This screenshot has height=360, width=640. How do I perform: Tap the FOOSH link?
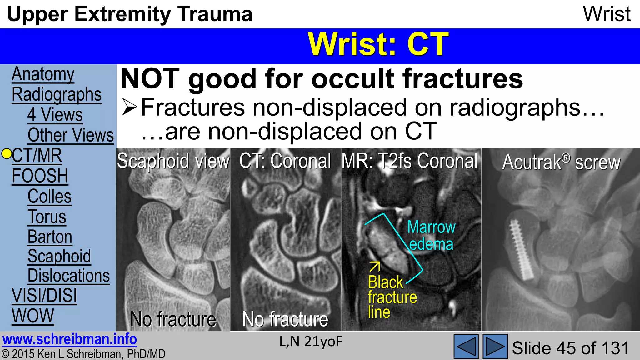[40, 176]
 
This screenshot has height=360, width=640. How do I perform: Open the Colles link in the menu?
[49, 196]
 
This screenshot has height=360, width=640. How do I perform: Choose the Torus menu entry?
[47, 217]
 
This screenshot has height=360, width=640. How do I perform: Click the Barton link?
[50, 237]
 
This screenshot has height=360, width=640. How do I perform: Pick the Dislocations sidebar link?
[68, 276]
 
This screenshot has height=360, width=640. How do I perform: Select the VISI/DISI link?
[44, 296]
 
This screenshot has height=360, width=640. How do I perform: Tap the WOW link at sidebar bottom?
[33, 316]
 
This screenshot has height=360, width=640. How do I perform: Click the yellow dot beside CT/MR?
[7, 154]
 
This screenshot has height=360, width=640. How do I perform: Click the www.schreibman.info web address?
[69, 339]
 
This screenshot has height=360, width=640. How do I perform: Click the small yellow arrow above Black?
[375, 267]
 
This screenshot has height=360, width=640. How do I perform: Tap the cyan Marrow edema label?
[431, 235]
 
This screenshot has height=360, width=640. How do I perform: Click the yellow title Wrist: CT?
[378, 44]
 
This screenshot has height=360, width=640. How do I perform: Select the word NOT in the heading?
[150, 79]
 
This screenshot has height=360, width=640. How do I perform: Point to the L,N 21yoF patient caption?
[311, 342]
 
